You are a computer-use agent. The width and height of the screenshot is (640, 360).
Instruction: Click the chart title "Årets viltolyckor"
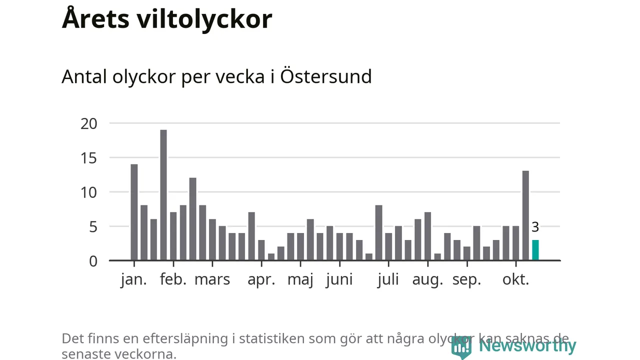[167, 19]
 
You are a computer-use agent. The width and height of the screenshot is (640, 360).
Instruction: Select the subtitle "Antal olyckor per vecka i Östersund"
[216, 77]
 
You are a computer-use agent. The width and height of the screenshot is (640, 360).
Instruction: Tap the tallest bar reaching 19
[163, 195]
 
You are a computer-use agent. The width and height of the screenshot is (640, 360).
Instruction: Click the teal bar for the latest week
[535, 250]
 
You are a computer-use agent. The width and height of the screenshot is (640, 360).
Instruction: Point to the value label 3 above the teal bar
[535, 227]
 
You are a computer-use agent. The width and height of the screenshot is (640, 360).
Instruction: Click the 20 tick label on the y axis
[88, 123]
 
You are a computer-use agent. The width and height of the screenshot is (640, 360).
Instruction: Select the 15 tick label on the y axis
[88, 158]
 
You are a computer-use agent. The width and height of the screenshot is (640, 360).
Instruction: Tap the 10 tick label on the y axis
[88, 192]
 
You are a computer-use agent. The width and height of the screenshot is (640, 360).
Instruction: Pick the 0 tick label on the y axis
[93, 261]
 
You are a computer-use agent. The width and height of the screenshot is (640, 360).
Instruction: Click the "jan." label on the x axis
[134, 279]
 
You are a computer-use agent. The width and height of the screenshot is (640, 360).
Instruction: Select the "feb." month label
[173, 279]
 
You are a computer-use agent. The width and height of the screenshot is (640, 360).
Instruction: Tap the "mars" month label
[212, 279]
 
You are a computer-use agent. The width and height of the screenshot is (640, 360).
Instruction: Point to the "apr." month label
[261, 279]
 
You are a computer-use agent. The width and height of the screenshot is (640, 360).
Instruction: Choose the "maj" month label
[300, 279]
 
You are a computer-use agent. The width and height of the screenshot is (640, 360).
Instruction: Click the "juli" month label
[388, 279]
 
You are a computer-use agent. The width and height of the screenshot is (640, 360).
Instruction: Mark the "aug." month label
[427, 279]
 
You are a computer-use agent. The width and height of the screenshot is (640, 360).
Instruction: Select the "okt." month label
[515, 279]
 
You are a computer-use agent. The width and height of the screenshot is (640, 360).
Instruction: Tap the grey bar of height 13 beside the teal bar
[525, 215]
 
